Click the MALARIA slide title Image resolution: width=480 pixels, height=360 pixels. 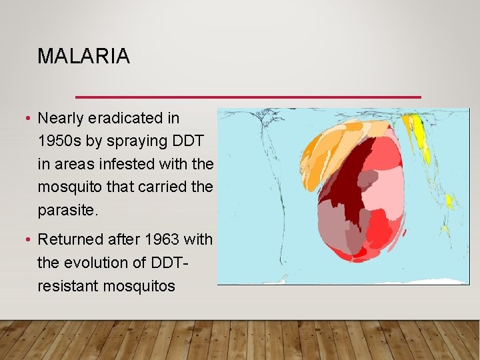point(83,57)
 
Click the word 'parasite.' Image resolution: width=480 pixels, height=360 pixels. point(68,210)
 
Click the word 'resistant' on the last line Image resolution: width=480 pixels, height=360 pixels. point(67,286)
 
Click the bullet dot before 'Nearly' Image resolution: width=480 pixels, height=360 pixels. point(27,119)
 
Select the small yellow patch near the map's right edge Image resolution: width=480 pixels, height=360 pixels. point(449,200)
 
